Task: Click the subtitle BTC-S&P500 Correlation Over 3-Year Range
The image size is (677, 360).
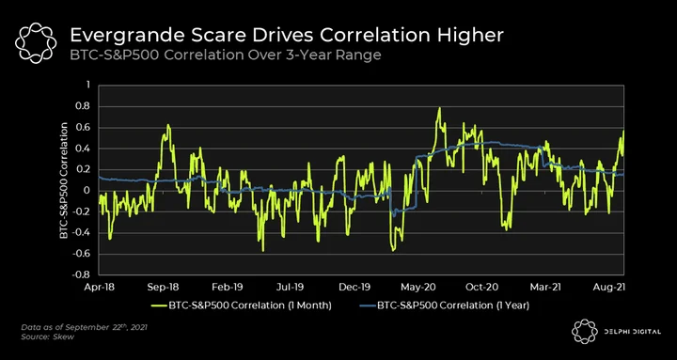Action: click(x=226, y=55)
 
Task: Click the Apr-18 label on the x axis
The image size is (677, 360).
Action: click(x=101, y=287)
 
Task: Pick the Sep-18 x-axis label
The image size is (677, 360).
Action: click(x=165, y=287)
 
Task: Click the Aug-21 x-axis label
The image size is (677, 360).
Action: click(x=608, y=287)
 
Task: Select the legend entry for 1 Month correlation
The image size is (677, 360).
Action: click(x=242, y=305)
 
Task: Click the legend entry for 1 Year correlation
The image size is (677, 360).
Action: click(x=444, y=305)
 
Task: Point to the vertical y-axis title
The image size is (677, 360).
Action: click(x=64, y=180)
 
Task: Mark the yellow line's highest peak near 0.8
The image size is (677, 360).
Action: click(x=439, y=107)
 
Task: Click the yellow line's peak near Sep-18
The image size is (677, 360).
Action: click(x=168, y=125)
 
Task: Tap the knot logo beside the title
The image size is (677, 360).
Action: click(x=36, y=41)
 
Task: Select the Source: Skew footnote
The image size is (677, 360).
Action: click(x=48, y=337)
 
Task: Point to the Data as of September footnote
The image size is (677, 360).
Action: click(x=85, y=327)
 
